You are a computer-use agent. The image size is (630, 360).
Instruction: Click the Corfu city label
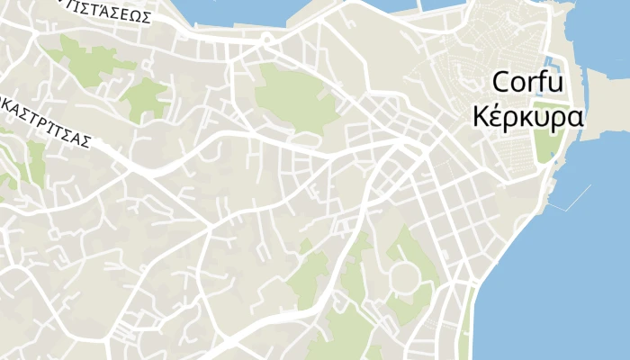[527, 84]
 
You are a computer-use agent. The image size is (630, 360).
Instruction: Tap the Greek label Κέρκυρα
[527, 118]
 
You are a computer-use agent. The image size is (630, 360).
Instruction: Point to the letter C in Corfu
[502, 84]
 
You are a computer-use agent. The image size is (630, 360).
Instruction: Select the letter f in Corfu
[540, 83]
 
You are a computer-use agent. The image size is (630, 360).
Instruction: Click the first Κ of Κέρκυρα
[480, 118]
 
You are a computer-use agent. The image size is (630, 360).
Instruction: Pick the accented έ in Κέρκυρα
[498, 117]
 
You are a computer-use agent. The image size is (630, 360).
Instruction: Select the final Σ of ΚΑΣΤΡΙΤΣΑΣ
[87, 140]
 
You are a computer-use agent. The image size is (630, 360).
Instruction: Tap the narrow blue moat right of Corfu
[555, 67]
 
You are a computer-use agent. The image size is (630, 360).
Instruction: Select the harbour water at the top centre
[243, 9]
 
